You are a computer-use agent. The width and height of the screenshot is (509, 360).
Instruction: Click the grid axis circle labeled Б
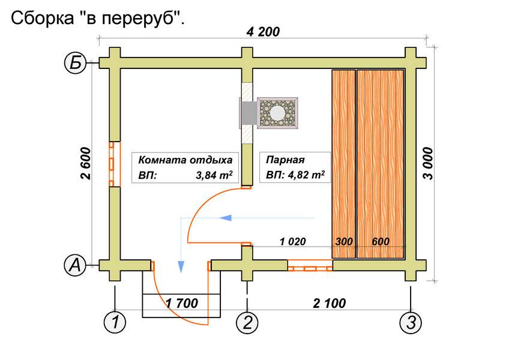tap(75, 63)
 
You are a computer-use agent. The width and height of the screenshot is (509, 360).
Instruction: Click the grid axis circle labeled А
tap(75, 265)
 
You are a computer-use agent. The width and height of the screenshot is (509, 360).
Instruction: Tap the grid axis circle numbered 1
tap(115, 323)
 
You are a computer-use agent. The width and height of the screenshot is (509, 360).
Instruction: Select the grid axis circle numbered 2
tap(247, 323)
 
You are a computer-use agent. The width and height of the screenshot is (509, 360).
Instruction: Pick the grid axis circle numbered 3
tap(411, 323)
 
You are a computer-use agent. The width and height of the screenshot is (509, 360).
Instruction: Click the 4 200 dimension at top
tap(262, 32)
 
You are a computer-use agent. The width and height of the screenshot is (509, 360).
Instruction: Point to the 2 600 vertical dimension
tap(85, 164)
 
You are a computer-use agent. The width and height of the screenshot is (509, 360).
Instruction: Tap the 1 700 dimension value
tap(182, 302)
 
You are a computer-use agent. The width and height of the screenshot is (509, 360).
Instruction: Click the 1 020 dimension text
tap(292, 242)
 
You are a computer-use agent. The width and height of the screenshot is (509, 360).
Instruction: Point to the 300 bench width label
tap(343, 242)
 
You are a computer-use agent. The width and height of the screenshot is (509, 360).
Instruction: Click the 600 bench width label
tap(380, 242)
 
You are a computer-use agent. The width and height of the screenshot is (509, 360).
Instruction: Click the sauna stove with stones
tap(277, 112)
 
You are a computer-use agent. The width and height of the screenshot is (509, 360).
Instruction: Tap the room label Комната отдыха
tap(185, 161)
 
